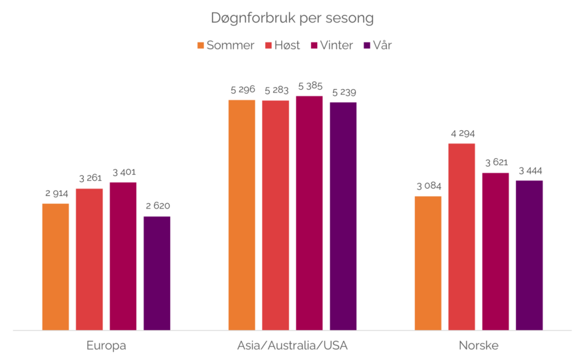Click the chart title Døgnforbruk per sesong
tap(292, 18)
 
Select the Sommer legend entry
tap(225, 46)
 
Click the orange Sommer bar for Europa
tap(56, 266)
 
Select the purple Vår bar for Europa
tap(157, 272)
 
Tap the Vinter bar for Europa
tap(123, 256)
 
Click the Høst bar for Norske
tap(462, 236)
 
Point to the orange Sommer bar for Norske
tap(428, 262)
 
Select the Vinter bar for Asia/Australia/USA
tap(309, 213)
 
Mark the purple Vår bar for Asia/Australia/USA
tap(343, 215)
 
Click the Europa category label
tap(106, 346)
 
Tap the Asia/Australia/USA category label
tap(292, 346)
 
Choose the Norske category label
tap(479, 346)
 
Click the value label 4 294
tap(462, 134)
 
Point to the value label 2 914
tap(57, 194)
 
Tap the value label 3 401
tap(123, 173)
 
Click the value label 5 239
tap(344, 92)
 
